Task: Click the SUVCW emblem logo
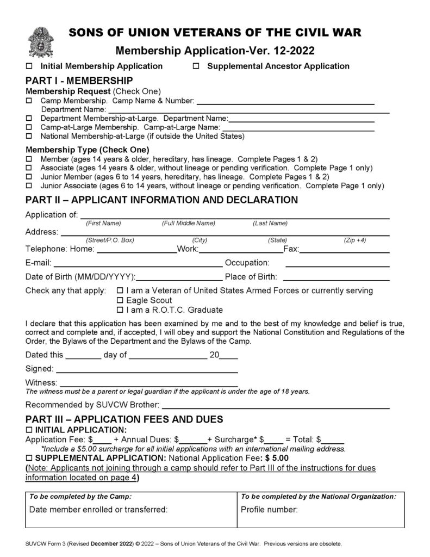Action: tap(40, 42)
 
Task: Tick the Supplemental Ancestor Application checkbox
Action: tap(197, 66)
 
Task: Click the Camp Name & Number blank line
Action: tap(285, 101)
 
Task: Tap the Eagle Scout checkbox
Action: tap(121, 300)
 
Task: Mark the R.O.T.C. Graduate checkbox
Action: tap(121, 310)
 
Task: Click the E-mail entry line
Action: tap(137, 265)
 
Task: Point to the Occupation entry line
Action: tap(337, 265)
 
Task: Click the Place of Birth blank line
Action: tap(337, 278)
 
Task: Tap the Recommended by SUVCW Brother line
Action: tap(276, 406)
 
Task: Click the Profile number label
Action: tap(269, 510)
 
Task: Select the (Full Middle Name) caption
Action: tap(188, 224)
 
